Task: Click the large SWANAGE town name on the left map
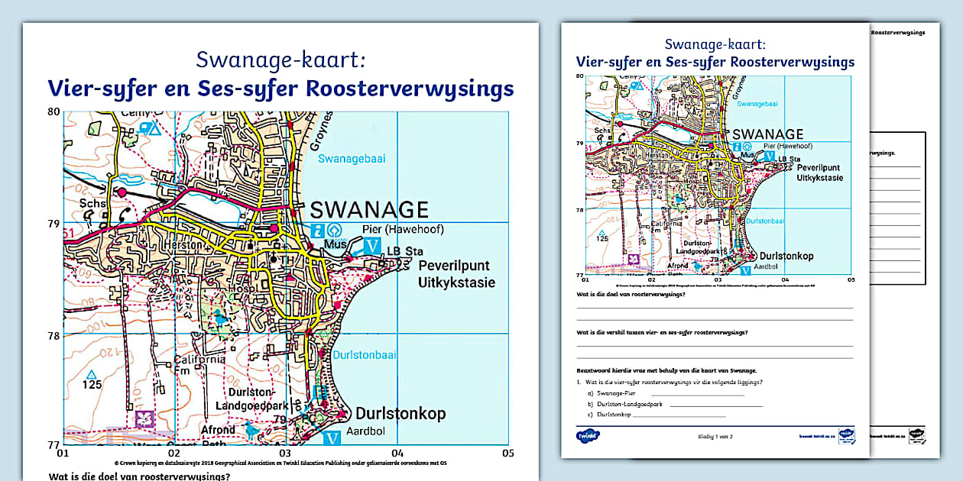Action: pos(370,208)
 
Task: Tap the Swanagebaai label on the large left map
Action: pos(352,159)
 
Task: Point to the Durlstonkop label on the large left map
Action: pos(400,414)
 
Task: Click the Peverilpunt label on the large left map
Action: pos(454,266)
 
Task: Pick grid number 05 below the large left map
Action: pos(508,454)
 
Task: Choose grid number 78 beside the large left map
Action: pos(53,335)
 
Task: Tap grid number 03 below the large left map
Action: pos(284,454)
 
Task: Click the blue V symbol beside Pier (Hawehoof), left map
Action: pos(371,246)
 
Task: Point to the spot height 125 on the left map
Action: pos(92,384)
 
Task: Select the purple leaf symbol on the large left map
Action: pos(143,419)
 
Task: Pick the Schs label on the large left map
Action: pos(92,204)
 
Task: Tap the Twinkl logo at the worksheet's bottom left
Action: pos(587,436)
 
